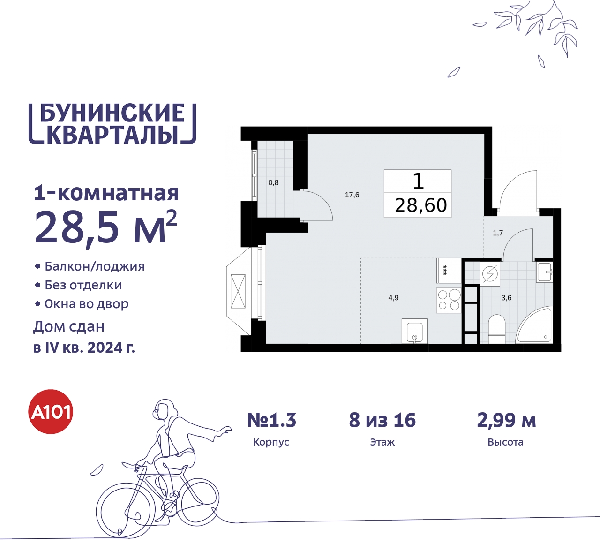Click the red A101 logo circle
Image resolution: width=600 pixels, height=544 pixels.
coord(51,412)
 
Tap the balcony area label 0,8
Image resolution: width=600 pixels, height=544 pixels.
coord(273,182)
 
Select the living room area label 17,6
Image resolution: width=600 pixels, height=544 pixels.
coord(352,195)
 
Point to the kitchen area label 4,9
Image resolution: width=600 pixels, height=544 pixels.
coord(393,298)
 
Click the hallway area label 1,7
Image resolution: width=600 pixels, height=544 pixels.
coord(498,233)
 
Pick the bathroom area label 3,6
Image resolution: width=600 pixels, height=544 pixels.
coord(506,298)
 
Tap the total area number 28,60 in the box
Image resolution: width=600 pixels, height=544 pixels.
coord(420,205)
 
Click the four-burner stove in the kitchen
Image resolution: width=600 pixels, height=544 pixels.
coord(449,300)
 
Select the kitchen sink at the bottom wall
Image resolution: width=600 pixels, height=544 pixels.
coord(415,332)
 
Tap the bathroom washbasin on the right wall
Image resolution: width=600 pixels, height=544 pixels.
coord(544,272)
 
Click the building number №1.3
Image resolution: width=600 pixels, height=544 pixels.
coord(272,420)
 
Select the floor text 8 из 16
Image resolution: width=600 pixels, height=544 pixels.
coord(382,420)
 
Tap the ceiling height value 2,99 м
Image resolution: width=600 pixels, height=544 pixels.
coord(506,420)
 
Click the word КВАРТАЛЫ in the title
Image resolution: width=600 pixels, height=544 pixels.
coord(112,135)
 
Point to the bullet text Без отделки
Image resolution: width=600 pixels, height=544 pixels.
coord(83,285)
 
